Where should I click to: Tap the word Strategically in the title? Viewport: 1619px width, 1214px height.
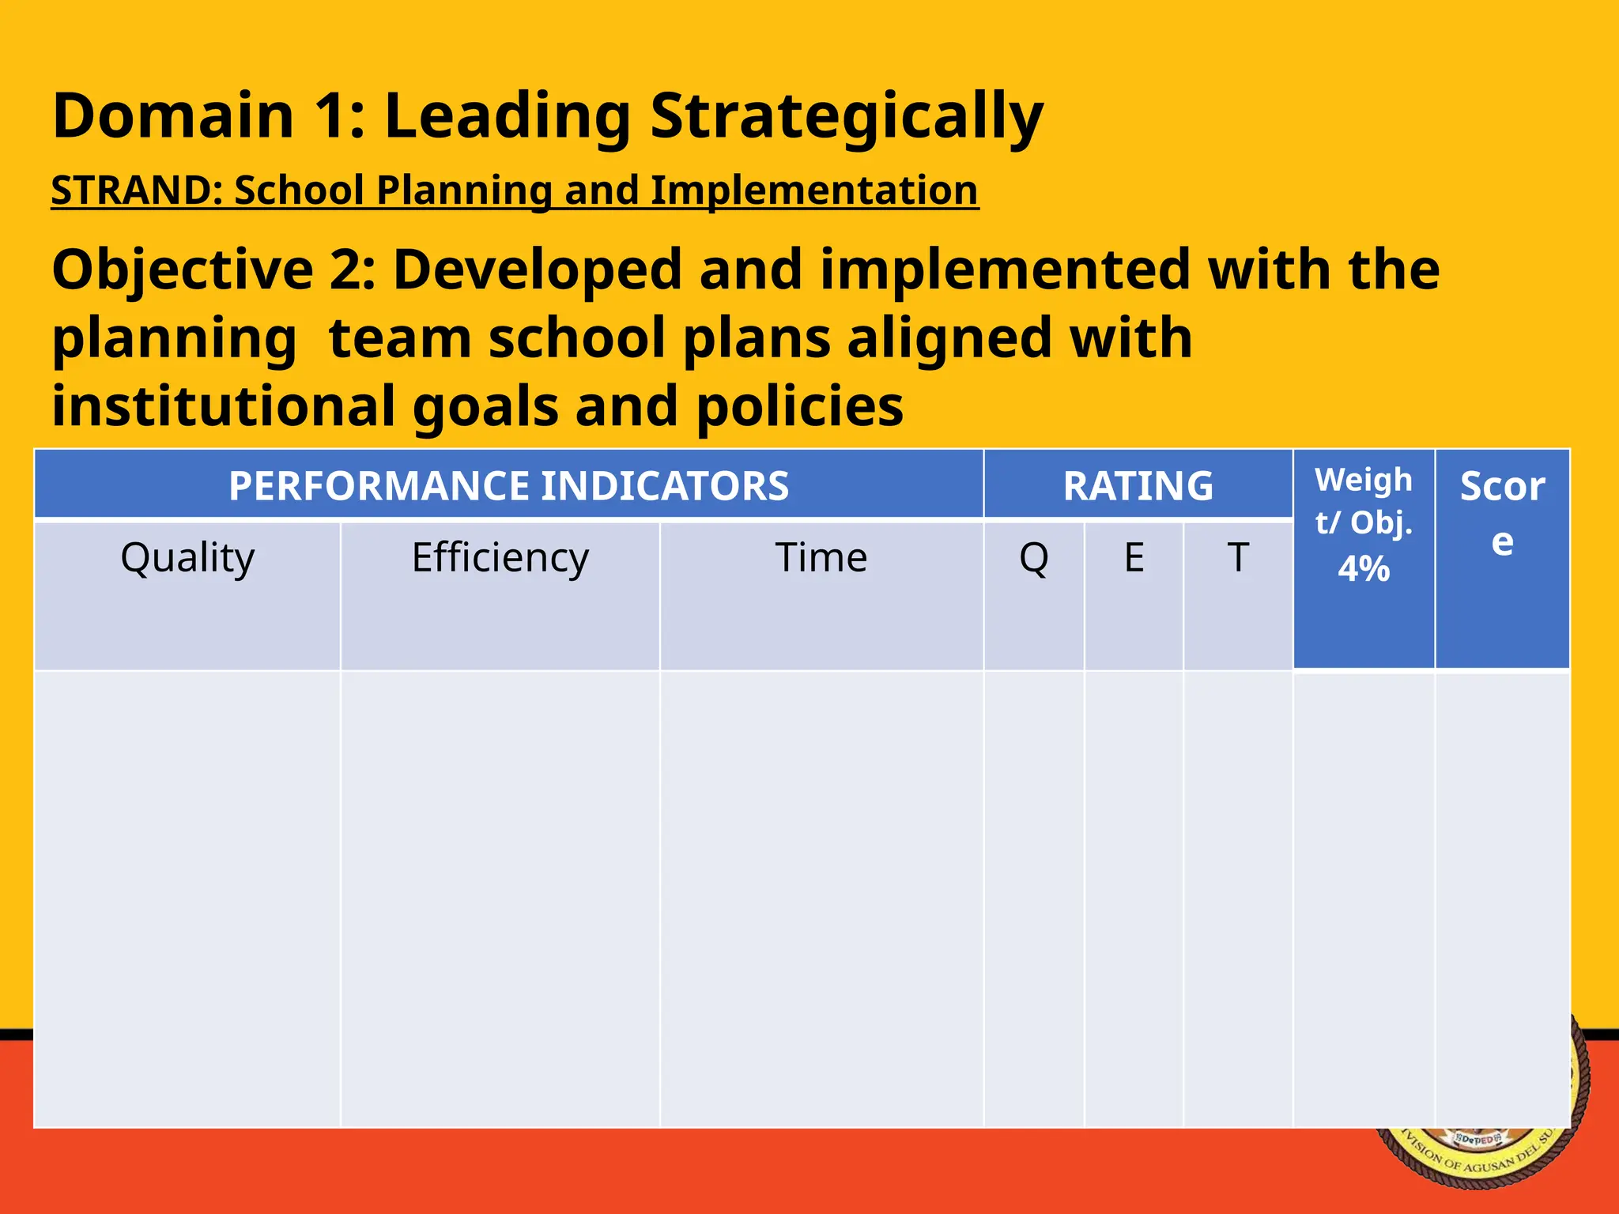coord(846,116)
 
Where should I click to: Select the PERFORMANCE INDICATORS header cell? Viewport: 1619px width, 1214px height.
coord(508,485)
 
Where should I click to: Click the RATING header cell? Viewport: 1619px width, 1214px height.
coord(1138,485)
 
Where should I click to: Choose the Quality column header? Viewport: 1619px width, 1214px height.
coord(187,558)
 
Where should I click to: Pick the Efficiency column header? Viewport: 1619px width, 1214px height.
coord(500,558)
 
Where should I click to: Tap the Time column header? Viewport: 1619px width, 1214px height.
coord(821,558)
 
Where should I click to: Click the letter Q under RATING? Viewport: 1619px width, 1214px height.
coord(1033,558)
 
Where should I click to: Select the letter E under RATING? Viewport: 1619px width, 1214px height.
coord(1134,558)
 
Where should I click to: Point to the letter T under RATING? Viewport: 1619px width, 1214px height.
coord(1237,558)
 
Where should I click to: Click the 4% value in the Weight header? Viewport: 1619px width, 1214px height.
coord(1363,569)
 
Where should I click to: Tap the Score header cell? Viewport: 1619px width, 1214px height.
coord(1501,514)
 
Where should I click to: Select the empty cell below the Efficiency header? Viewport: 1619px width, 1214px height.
coord(500,899)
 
